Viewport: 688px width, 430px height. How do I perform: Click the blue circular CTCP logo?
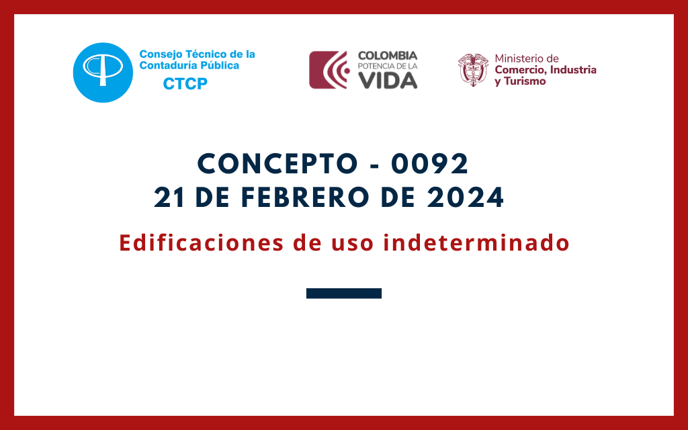pos(103,73)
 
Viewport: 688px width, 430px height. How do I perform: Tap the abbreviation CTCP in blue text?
pos(185,84)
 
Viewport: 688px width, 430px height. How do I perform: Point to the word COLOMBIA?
pos(388,56)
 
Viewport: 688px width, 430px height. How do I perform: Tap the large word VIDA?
pos(388,81)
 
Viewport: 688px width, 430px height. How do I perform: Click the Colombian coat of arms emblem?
pos(473,70)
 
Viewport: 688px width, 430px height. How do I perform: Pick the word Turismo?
pos(525,81)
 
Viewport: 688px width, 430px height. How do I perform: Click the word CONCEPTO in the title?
pos(277,164)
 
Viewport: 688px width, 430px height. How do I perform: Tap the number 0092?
pos(429,164)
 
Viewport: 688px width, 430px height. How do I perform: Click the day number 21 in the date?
pos(169,198)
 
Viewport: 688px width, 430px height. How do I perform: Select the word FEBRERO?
pos(305,198)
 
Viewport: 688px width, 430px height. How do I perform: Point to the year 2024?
pos(466,198)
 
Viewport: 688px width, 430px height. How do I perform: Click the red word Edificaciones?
pos(202,243)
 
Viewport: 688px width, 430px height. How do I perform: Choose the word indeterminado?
pos(476,243)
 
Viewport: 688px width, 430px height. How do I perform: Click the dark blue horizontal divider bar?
pos(344,293)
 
